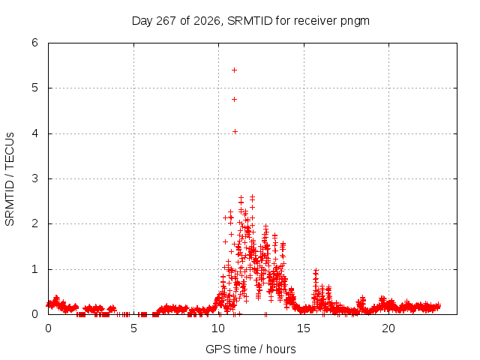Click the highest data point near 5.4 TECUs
tap(234, 70)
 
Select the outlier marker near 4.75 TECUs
tap(234, 99)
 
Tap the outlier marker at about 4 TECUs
tap(235, 132)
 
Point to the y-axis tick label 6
tap(34, 43)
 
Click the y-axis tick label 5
tap(34, 88)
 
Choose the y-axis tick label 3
tap(34, 178)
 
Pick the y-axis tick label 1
tap(34, 269)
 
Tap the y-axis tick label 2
tap(34, 223)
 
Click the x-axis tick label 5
tap(133, 328)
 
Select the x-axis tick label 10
tap(218, 328)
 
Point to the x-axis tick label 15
tap(303, 328)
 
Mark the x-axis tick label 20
tap(388, 328)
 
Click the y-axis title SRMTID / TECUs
tap(10, 179)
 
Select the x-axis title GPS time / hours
tap(250, 349)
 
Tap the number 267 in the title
tap(166, 21)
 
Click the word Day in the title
tap(142, 21)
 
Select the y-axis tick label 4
tap(34, 133)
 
